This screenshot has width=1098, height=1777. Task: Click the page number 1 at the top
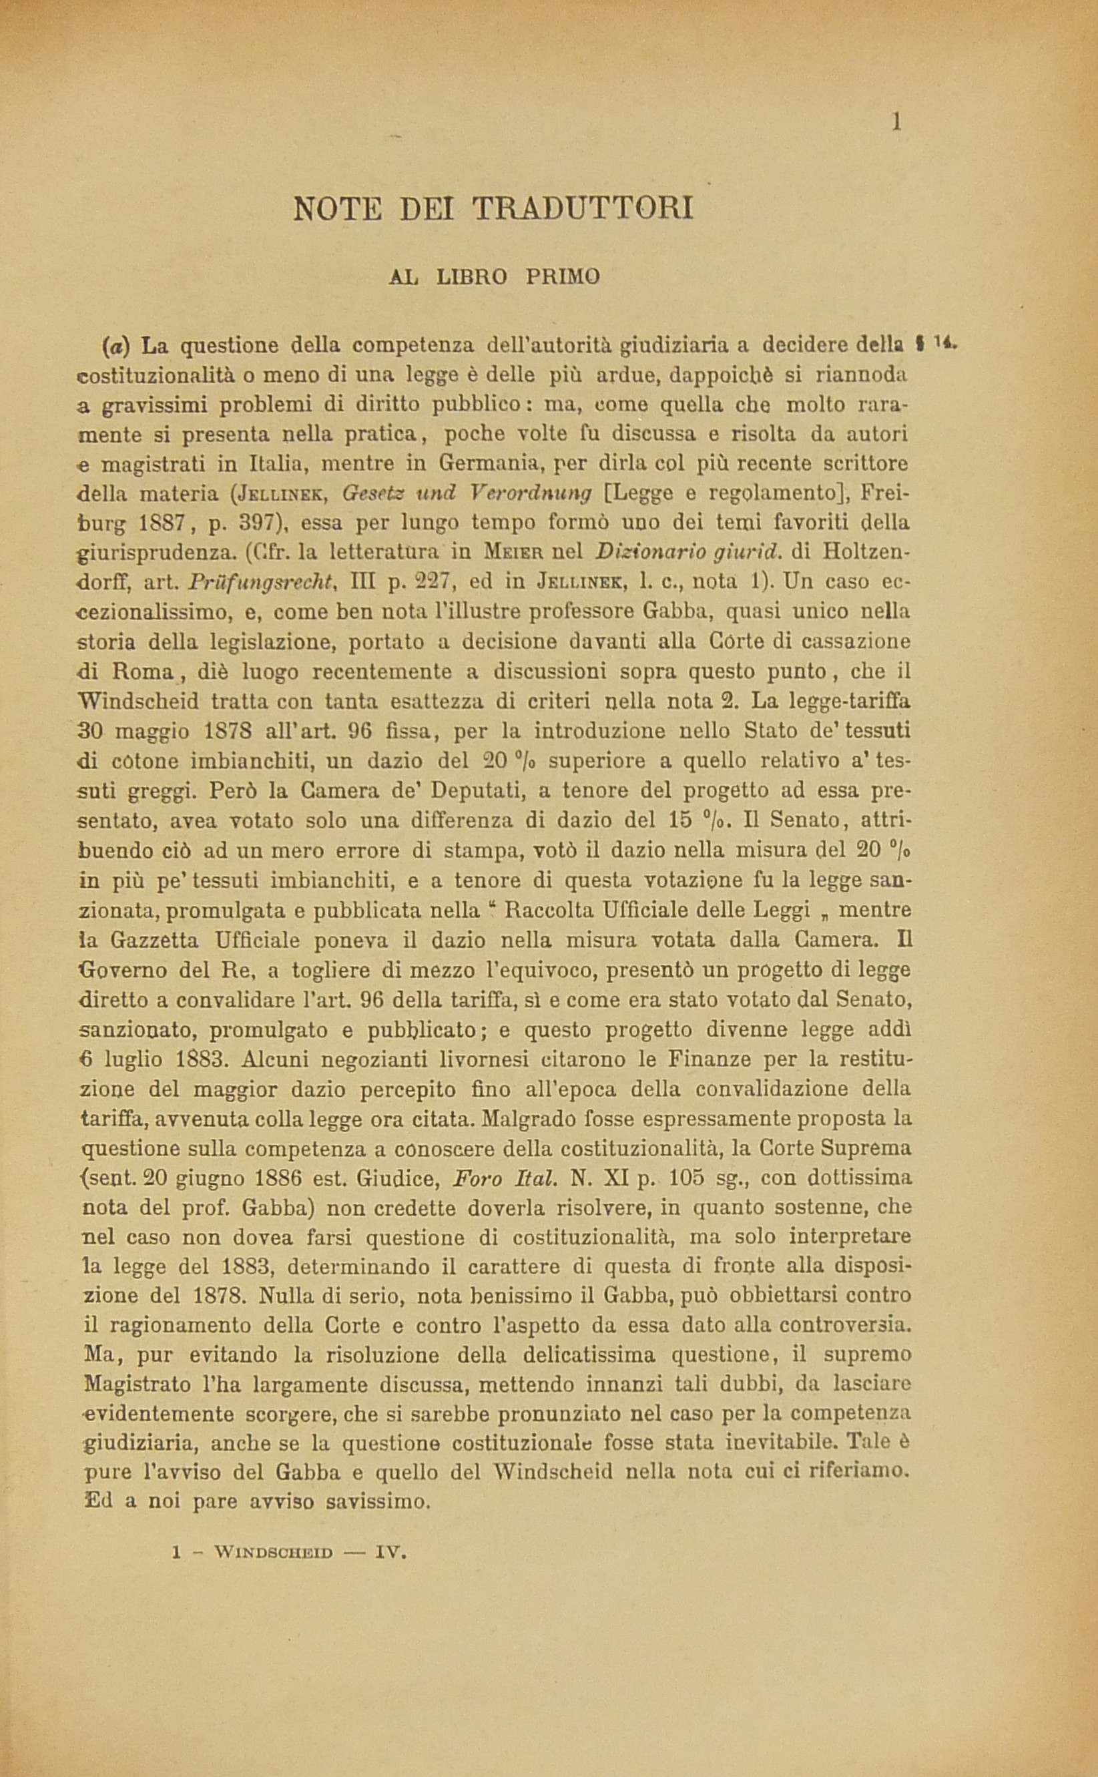(x=896, y=122)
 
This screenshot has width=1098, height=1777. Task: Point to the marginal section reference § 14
(x=936, y=341)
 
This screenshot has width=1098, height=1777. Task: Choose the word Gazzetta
(x=154, y=941)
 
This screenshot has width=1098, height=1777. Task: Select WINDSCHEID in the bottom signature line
(x=273, y=1554)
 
